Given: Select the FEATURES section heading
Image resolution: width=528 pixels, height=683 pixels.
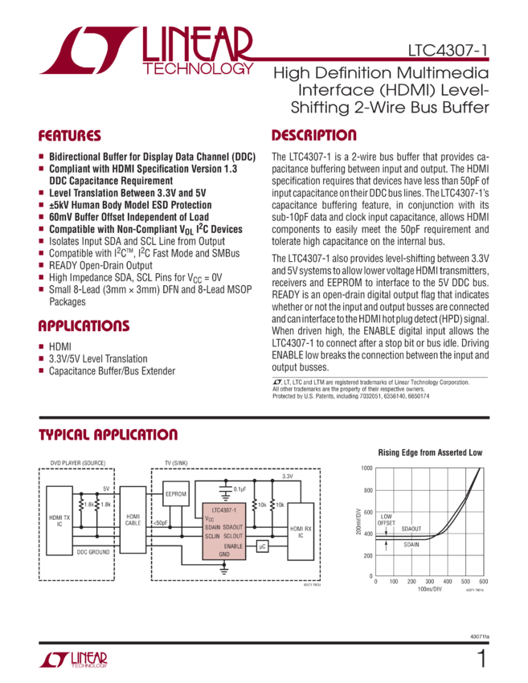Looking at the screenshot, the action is pos(71,136).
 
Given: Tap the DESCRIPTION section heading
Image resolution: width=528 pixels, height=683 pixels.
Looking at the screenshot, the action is pos(313,136).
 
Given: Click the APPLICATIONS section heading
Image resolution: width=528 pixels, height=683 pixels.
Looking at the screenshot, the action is pos(84,326).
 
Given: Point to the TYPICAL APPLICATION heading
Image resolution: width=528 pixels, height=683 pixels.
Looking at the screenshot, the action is pos(108,435).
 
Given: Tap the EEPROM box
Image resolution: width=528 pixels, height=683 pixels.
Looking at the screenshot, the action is pos(175,493).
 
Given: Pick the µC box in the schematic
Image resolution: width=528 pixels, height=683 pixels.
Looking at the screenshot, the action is pos(261,546).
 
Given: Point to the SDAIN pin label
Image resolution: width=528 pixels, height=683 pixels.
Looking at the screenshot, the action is pos(212,527).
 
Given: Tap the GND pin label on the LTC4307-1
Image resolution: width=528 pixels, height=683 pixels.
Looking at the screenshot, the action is pos(224,554).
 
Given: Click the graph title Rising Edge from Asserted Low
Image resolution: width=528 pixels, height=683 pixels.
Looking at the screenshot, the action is pos(430,453).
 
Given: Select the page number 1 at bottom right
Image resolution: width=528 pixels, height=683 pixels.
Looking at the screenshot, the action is pos(481,660).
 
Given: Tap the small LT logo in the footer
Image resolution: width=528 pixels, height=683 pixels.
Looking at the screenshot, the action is pos(73,660).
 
